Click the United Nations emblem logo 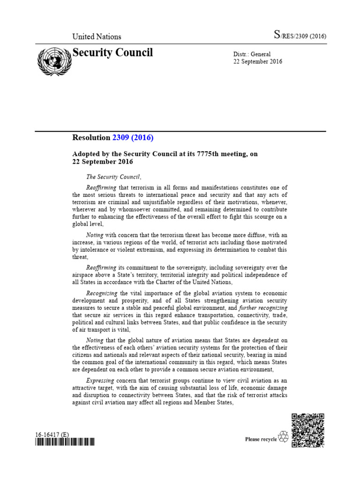pos(52,62)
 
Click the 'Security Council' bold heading pos(112,52)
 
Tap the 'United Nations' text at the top pos(97,37)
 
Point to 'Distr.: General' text pos(252,54)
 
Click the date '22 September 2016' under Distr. pos(258,62)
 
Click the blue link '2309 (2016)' pos(133,138)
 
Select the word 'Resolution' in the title pos(91,138)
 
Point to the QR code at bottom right pos(307,430)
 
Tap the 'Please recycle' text pos(261,439)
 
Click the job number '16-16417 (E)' pos(52,435)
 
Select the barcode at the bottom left pos(65,442)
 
